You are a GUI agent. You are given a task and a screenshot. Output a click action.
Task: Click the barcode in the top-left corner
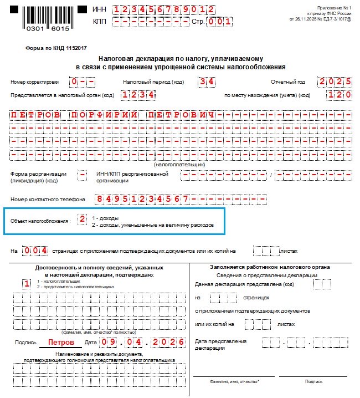coord(46,18)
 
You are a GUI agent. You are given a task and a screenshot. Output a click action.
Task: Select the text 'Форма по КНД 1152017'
coord(50,48)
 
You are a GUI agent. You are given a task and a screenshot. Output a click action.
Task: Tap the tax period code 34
coord(207,81)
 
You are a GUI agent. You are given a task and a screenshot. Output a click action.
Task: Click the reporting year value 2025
coord(335,81)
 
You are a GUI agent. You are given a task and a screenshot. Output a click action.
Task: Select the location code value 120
coord(339,95)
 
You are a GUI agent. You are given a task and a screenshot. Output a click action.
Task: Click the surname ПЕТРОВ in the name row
coord(35,115)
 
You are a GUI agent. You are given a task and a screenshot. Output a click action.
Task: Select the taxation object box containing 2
coord(82,220)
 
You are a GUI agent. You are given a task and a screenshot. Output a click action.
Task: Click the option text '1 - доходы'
coord(106,218)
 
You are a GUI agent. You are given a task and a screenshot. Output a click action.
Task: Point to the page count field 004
coord(35,251)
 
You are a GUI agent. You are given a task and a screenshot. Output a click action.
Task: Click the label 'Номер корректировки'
coord(34,82)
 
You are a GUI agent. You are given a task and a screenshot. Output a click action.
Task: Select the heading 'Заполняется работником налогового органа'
coord(270,267)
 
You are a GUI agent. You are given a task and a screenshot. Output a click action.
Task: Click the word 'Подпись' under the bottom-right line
coord(313,381)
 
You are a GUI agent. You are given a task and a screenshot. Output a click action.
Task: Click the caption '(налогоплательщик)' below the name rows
coord(179,165)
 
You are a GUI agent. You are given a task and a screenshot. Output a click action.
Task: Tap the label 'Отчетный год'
coord(287,82)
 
